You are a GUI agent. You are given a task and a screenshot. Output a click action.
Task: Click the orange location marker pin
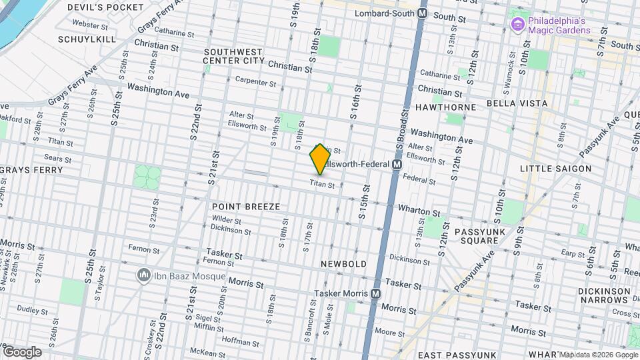[x=320, y=159]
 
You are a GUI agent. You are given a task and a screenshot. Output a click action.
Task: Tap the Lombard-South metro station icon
[x=423, y=13]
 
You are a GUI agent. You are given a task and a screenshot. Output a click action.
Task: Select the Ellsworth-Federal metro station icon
[x=397, y=164]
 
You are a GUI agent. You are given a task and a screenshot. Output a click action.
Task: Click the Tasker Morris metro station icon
[x=376, y=293]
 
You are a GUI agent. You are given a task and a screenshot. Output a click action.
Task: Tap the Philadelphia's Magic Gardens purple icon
[x=516, y=25]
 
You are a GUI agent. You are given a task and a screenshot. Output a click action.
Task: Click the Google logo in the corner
[x=22, y=351]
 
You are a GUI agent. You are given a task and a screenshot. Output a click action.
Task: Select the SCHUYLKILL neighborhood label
[x=87, y=39]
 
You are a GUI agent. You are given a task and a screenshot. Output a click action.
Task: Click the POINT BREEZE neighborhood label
[x=246, y=207]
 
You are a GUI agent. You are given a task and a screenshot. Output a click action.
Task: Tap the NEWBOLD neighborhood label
[x=343, y=264]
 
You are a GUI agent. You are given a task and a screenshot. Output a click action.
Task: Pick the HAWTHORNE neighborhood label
[x=446, y=107]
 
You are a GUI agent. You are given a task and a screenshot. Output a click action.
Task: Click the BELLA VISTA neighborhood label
[x=517, y=103]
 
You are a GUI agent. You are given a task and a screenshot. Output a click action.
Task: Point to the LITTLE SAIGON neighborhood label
[x=555, y=169]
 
